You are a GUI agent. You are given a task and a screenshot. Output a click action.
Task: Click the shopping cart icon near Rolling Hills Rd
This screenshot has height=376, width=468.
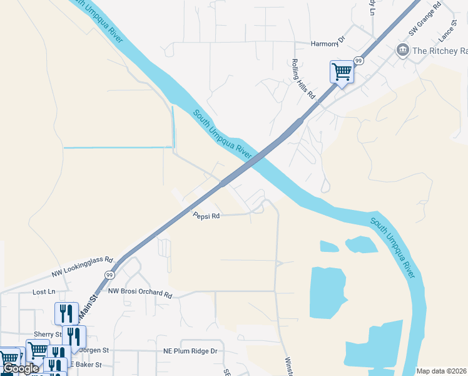(x=342, y=71)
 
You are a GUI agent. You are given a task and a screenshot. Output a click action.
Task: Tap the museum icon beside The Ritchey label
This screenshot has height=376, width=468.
(x=403, y=50)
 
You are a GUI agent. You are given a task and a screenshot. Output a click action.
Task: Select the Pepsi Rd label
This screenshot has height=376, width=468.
(x=206, y=216)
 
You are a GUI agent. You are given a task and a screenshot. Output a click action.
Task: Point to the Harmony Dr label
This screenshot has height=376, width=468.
(x=328, y=43)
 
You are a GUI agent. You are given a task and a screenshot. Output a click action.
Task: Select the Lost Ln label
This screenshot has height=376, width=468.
(x=44, y=292)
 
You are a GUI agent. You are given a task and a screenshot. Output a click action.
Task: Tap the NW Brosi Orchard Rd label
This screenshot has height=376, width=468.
(x=140, y=293)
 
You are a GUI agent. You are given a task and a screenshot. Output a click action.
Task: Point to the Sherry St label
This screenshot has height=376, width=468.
(x=48, y=335)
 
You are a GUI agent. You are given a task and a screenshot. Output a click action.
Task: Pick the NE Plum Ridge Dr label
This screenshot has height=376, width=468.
(x=190, y=351)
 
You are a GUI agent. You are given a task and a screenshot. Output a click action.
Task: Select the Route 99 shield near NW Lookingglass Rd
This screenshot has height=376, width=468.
(x=109, y=274)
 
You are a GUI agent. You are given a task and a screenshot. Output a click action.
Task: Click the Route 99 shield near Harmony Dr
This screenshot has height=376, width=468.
(x=359, y=61)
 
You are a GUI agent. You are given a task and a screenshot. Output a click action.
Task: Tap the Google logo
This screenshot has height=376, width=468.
(x=20, y=368)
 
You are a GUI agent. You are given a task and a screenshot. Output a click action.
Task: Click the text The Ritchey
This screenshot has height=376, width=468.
(x=436, y=51)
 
